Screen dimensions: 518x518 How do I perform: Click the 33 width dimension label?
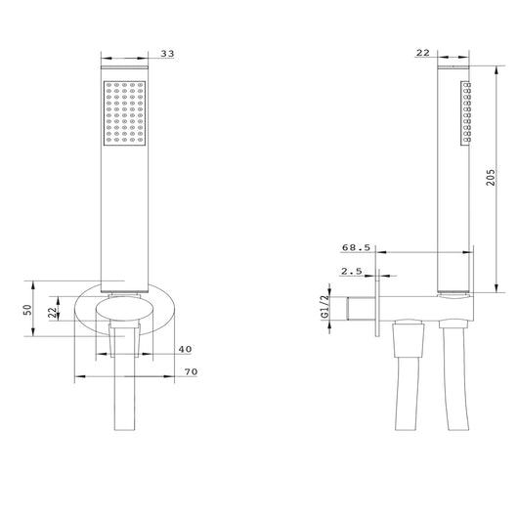167,54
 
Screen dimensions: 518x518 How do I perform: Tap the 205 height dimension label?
491,178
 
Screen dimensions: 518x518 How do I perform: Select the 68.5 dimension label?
356,247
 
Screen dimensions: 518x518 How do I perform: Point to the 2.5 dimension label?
352,272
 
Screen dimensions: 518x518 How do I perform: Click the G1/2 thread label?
325,307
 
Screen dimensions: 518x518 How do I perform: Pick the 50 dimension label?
27,309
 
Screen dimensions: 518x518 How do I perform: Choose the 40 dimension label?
185,349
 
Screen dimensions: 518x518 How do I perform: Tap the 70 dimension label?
191,371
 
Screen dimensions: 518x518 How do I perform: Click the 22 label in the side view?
423,53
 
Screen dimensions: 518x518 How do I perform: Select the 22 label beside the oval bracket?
53,313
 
